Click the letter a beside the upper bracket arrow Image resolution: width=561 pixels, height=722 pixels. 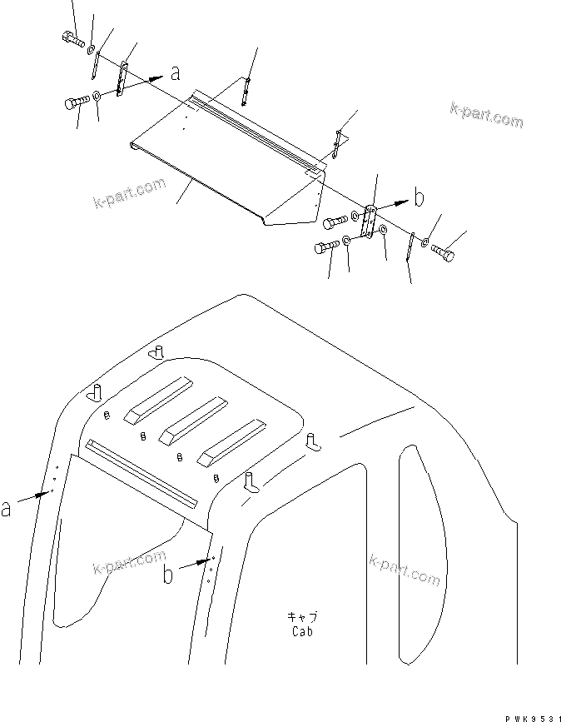click(175, 73)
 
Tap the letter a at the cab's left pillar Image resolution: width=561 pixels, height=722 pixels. click(7, 507)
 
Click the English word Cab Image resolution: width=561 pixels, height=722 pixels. click(302, 631)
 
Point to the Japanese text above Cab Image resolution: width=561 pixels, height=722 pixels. click(302, 617)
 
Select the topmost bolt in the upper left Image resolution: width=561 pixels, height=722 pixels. click(72, 37)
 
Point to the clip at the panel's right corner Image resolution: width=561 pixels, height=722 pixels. click(336, 144)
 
